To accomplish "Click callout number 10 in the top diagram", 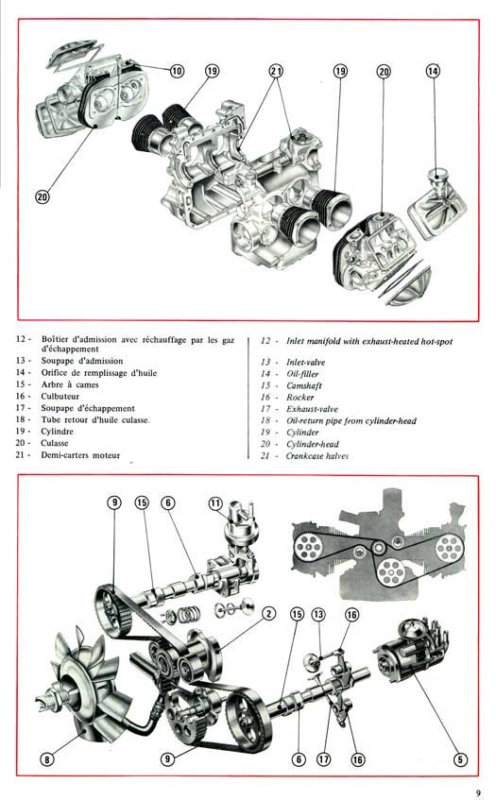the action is (x=177, y=71).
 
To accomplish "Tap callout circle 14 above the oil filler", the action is (x=433, y=71).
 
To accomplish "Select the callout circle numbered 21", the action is (x=276, y=71).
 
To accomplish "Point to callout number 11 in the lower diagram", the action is (x=215, y=503).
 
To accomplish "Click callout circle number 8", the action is (x=47, y=759).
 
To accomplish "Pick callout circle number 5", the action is (x=460, y=759).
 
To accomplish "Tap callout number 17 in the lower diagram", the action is (x=324, y=759).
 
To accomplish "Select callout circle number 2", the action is (x=269, y=613).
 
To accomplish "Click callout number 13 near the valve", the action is (x=318, y=614).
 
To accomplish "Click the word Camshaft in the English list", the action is (x=304, y=385).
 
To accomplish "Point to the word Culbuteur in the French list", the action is (x=60, y=396).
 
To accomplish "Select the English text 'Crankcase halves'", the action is (x=317, y=456).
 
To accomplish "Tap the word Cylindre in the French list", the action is (x=57, y=431).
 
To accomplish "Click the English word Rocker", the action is (x=300, y=397).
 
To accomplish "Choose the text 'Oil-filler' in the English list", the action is (x=302, y=374).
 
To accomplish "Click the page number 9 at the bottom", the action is (x=478, y=792).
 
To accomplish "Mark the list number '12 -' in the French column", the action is (x=24, y=339).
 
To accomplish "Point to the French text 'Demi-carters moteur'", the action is (x=80, y=454).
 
